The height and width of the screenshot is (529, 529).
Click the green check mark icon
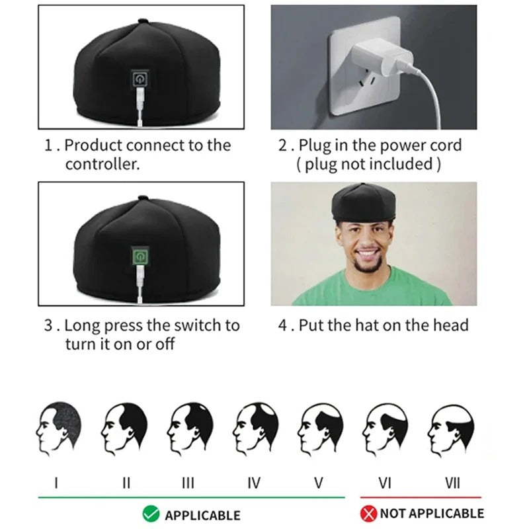tap(150, 513)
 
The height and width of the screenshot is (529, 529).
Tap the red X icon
tap(368, 513)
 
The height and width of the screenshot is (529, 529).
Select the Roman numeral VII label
tap(453, 483)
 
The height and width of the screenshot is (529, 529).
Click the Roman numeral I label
tap(56, 483)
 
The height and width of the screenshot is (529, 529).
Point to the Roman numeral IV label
tap(254, 483)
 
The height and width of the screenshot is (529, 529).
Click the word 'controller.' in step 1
tap(102, 164)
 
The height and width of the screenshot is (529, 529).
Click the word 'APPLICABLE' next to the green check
tap(202, 514)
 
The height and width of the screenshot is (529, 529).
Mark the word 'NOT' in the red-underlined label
tap(393, 513)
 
